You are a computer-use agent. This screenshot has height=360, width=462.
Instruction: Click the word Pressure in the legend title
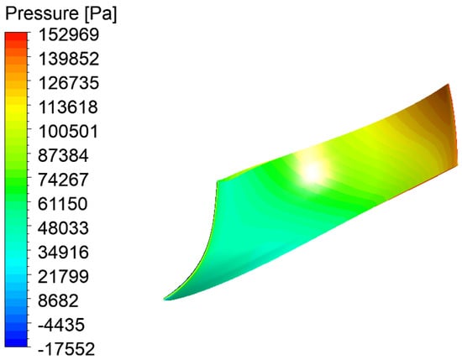click(41, 13)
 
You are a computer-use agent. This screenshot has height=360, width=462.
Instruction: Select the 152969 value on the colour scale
click(69, 34)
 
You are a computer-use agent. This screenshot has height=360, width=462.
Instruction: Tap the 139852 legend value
click(69, 59)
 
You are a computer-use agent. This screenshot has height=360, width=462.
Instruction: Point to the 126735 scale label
click(69, 83)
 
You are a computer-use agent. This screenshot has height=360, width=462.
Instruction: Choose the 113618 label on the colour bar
click(68, 107)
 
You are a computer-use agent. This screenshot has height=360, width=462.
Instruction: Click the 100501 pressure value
click(68, 131)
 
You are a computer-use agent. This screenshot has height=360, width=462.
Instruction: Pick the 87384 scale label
click(63, 155)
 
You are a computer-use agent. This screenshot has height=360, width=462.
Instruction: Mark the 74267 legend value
click(63, 180)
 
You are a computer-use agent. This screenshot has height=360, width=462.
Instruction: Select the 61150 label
click(63, 204)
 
